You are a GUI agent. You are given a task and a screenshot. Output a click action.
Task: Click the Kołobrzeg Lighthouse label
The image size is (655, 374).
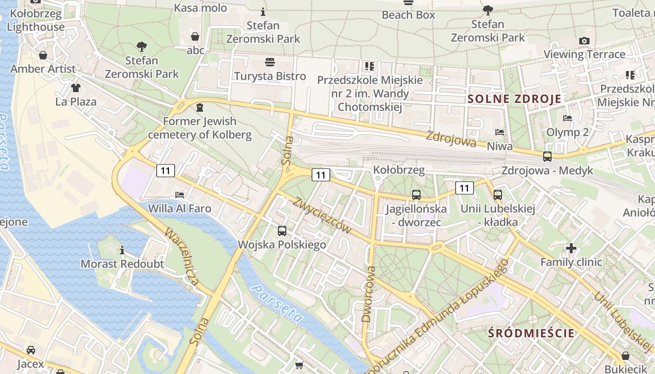pos(36,20)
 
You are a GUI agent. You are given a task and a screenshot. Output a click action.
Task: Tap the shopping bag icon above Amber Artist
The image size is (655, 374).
pos(43,56)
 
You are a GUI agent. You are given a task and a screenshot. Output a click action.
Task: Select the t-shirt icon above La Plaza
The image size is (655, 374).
pos(76,88)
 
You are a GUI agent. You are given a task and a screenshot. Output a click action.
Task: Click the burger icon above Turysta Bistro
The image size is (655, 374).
pos(270,62)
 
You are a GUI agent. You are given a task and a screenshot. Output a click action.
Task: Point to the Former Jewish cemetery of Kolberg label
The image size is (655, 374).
pos(200,128)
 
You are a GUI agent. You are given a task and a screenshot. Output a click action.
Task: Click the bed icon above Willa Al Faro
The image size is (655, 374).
pos(180,194)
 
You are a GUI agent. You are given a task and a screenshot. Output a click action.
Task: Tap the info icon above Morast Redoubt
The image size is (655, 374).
pos(123,251)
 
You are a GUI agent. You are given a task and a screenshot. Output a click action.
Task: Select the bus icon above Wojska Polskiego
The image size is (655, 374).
pos(282,230)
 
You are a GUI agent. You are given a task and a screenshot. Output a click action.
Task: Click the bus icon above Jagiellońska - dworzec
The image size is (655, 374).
pos(416,195)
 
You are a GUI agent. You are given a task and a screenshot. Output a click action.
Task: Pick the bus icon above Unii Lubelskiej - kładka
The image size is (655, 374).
pos(498,195)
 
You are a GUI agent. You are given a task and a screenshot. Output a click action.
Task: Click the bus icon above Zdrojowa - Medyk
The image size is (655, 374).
pos(547,157)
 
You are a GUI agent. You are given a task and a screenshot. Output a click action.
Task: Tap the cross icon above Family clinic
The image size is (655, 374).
pos(571,248)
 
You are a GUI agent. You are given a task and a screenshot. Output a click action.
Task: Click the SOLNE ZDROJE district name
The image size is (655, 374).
pos(515,99)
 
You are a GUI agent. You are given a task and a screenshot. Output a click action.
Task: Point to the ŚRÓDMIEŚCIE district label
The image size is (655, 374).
pos(531,333)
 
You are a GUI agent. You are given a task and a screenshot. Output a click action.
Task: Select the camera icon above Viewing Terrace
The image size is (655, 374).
pos(584,41)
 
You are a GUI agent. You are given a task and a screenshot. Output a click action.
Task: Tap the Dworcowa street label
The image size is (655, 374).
pos(369,295)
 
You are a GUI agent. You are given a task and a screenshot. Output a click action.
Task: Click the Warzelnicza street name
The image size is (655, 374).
pos(182,257)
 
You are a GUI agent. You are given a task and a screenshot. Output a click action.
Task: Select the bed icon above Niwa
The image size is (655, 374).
pos(500,132)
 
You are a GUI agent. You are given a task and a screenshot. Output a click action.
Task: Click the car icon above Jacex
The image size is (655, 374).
pos(31,350)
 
